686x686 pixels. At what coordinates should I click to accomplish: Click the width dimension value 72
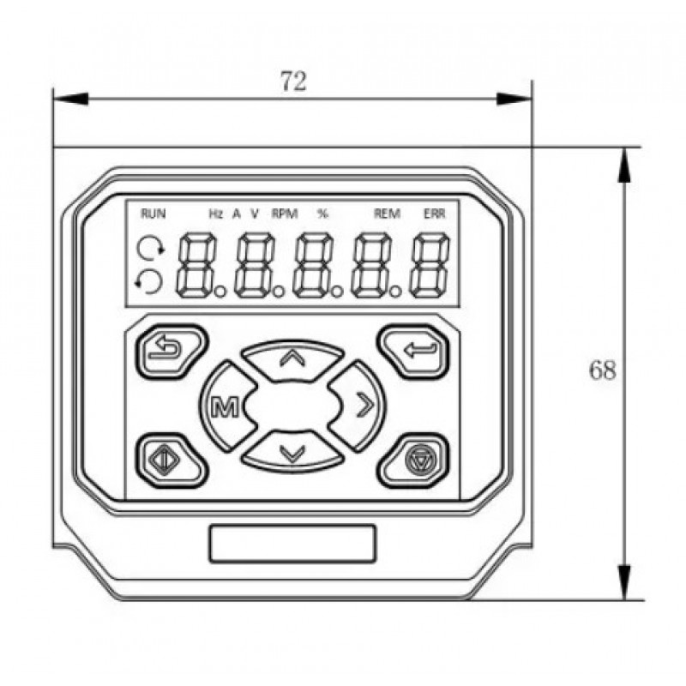point(293,81)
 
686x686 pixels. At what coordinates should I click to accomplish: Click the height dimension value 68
point(603,370)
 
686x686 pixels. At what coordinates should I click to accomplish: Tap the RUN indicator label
point(153,214)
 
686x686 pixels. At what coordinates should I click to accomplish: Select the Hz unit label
point(216,214)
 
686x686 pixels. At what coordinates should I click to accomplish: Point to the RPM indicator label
point(285,214)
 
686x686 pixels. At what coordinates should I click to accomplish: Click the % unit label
point(322,214)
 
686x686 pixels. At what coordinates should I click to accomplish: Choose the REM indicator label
point(388,214)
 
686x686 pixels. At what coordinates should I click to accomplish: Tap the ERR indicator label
point(435,214)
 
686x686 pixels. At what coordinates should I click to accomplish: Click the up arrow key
point(292,359)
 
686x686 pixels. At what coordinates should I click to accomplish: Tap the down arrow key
point(292,452)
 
